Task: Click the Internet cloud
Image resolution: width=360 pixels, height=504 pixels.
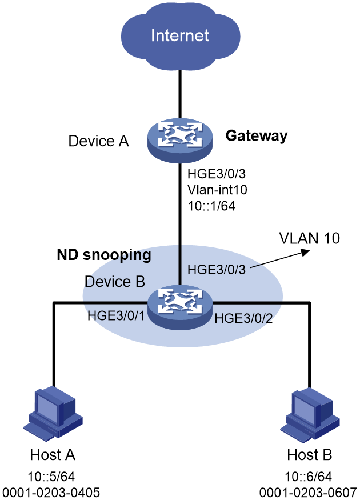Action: click(181, 35)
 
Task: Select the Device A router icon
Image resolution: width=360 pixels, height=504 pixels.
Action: click(180, 140)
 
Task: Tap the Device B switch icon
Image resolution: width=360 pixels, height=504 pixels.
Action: click(180, 307)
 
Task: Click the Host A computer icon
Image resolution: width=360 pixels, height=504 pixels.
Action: click(53, 413)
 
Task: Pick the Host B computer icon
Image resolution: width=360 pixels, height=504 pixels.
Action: click(310, 413)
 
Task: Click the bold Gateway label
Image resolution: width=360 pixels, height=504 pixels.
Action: click(257, 135)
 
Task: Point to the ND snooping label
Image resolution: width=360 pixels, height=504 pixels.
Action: click(104, 255)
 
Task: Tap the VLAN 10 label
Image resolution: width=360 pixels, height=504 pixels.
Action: click(310, 238)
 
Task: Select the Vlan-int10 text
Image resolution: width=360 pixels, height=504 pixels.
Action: click(217, 190)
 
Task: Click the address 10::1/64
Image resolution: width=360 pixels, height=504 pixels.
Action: click(211, 206)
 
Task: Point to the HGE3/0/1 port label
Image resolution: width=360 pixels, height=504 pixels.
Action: click(116, 315)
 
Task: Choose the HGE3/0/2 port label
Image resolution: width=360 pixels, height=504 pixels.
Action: click(243, 318)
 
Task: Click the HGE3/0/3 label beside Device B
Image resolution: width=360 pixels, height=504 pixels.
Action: click(217, 269)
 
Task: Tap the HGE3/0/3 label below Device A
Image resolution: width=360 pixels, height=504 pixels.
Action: click(217, 174)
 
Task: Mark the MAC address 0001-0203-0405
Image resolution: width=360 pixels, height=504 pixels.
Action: click(51, 492)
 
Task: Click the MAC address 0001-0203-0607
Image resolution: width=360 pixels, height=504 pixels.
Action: click(308, 492)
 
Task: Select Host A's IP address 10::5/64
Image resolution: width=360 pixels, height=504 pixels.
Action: click(51, 477)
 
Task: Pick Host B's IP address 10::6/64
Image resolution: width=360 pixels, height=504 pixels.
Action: click(308, 477)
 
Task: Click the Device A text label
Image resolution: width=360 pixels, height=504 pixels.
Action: click(99, 141)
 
